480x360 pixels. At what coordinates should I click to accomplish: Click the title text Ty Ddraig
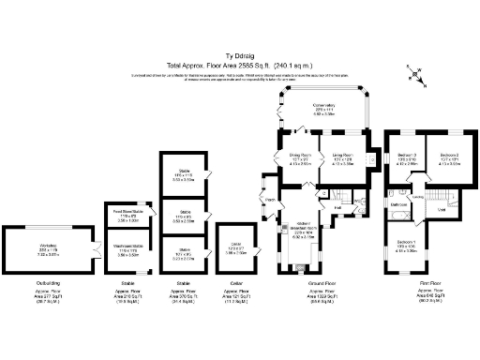tap(239, 55)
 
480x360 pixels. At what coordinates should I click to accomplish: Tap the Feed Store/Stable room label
tap(126, 215)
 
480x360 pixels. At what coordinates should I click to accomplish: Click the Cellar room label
tap(235, 247)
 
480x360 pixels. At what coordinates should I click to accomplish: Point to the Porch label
tap(269, 200)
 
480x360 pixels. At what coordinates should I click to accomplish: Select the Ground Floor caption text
tap(323, 280)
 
